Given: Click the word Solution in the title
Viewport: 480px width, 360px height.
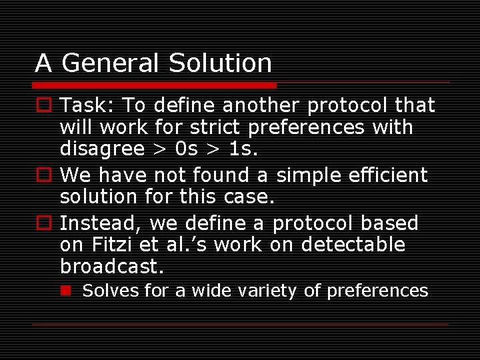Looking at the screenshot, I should (220, 63).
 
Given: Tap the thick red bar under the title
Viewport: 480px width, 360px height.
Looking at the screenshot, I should (155, 85).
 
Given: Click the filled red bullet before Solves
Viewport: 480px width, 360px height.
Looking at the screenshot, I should (66, 290).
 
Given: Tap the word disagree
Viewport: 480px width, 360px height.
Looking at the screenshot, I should (101, 149).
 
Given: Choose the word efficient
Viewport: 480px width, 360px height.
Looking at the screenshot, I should (388, 175).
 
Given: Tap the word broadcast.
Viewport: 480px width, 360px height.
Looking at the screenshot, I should (111, 266).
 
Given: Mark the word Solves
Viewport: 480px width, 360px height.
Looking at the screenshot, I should (105, 291).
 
